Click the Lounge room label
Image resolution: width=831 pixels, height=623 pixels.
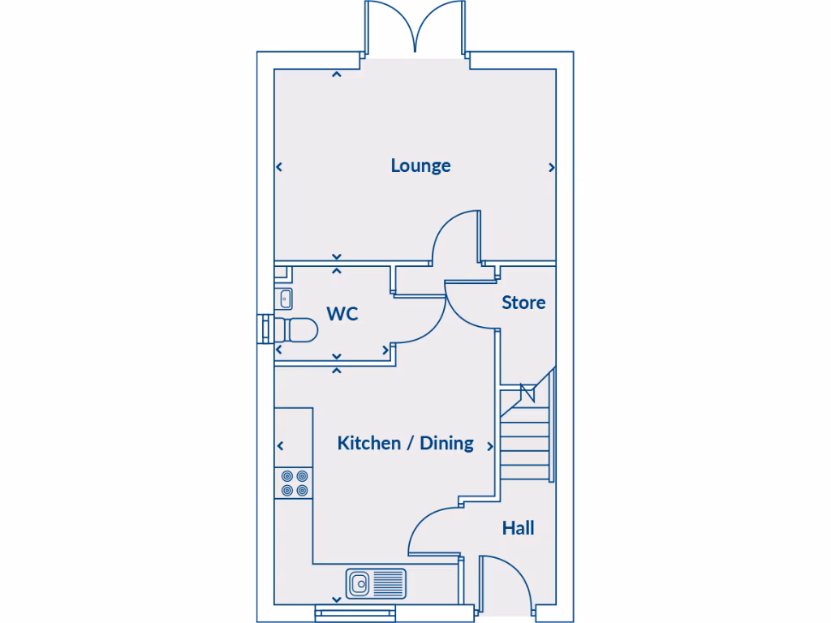pos(420,165)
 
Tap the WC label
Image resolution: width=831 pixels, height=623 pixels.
pos(342,314)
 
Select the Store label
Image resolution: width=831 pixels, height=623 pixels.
pos(523,303)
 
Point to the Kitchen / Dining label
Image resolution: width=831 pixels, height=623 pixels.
pos(405,443)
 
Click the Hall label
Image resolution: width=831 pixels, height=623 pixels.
pos(518,528)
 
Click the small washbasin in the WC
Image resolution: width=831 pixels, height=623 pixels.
pos(284,299)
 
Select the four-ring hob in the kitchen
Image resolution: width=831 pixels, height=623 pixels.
pos(294,483)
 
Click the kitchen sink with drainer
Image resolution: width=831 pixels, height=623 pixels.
pos(377,582)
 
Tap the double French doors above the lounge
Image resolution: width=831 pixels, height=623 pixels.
pos(415,28)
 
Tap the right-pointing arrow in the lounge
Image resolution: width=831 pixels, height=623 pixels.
pos(552,168)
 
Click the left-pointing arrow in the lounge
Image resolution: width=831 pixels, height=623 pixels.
pos(279,168)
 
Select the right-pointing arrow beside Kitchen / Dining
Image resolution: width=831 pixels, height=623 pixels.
pos(490,446)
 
